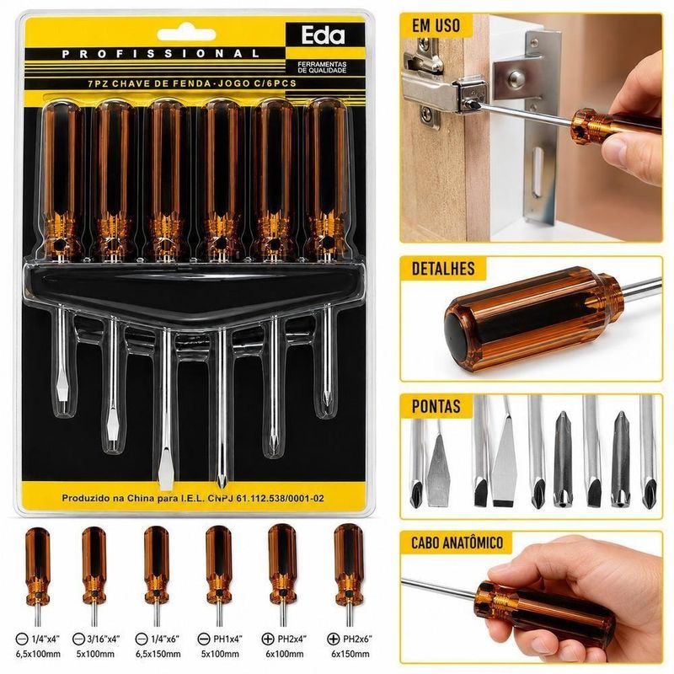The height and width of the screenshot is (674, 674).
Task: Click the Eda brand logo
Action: click(323, 35)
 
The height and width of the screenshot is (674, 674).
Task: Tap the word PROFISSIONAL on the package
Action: click(161, 54)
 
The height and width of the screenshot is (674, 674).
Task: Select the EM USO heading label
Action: click(436, 26)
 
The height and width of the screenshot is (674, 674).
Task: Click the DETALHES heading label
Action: click(443, 268)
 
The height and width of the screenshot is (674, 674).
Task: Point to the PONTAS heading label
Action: click(436, 406)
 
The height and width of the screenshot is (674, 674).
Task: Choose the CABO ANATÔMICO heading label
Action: click(457, 543)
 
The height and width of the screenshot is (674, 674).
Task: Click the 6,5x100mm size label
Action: click(38, 655)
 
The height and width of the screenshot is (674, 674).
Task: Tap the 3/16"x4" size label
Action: click(102, 639)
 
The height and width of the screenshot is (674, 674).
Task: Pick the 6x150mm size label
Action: click(350, 655)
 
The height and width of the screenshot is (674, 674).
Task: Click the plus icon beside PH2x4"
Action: click(268, 639)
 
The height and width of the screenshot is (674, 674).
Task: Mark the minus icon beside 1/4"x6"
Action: click(142, 639)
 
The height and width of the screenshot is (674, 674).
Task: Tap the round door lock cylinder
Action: click(515, 78)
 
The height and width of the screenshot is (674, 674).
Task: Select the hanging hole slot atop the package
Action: click(186, 34)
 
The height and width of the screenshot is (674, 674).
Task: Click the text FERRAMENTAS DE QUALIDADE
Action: click(322, 67)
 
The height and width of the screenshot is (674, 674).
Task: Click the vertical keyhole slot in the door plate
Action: click(537, 172)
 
